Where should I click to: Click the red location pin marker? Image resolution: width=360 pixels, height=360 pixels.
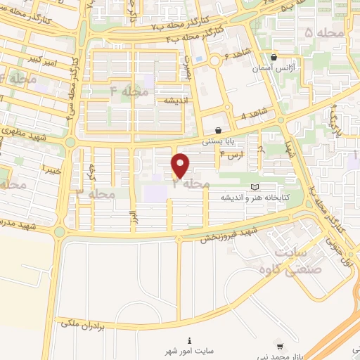[181, 165]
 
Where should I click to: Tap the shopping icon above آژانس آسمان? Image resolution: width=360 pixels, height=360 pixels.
[274, 58]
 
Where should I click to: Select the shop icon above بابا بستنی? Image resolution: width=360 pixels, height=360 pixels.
[218, 130]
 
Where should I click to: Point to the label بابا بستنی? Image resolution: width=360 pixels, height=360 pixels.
[218, 141]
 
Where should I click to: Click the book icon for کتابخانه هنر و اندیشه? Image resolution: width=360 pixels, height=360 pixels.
[255, 186]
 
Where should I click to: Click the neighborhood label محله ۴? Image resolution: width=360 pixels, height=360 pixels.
[126, 91]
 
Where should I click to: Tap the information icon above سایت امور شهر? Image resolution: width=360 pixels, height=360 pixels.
[188, 340]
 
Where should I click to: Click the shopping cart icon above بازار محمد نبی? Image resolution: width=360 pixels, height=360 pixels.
[280, 346]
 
